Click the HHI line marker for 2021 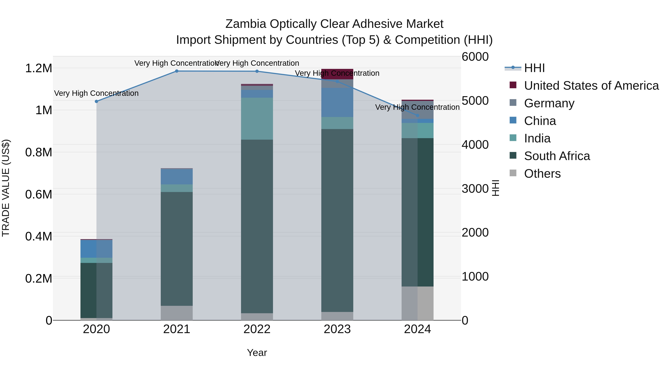pyautogui.click(x=177, y=71)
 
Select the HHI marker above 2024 pyautogui.click(x=418, y=116)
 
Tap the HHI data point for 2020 pyautogui.click(x=96, y=101)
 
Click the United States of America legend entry pyautogui.click(x=591, y=86)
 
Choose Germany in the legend pyautogui.click(x=549, y=103)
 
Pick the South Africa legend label pyautogui.click(x=557, y=156)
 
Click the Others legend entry pyautogui.click(x=542, y=174)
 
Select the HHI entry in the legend pyautogui.click(x=534, y=68)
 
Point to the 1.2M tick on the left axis pyautogui.click(x=39, y=68)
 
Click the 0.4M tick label pyautogui.click(x=39, y=236)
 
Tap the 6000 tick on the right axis pyautogui.click(x=475, y=57)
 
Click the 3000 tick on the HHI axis pyautogui.click(x=475, y=189)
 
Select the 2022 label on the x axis pyautogui.click(x=257, y=329)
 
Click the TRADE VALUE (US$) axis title pyautogui.click(x=6, y=188)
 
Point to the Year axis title pyautogui.click(x=257, y=353)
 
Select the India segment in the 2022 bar pyautogui.click(x=257, y=119)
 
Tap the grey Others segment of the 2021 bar pyautogui.click(x=177, y=313)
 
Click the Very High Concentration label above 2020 pyautogui.click(x=96, y=93)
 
